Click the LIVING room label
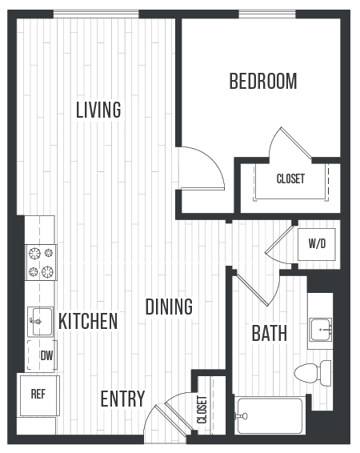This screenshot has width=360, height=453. (98, 110)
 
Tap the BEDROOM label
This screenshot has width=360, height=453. (262, 82)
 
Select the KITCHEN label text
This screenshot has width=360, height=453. (88, 322)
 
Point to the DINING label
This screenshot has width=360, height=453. (169, 307)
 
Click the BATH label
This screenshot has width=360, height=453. (270, 334)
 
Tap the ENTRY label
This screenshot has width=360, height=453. (122, 399)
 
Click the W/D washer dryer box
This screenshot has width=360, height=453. (316, 243)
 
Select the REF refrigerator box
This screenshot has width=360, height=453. (38, 395)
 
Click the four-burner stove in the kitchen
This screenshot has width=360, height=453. (42, 263)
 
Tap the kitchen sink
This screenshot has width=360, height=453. (39, 321)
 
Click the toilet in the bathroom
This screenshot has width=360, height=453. (312, 372)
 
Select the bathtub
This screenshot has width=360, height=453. (270, 415)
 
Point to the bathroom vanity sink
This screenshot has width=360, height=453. (321, 327)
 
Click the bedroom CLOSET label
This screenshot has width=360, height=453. (290, 179)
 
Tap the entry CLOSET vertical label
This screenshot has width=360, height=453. (202, 410)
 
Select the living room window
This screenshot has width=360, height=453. (96, 14)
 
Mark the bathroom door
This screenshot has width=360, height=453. (255, 286)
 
